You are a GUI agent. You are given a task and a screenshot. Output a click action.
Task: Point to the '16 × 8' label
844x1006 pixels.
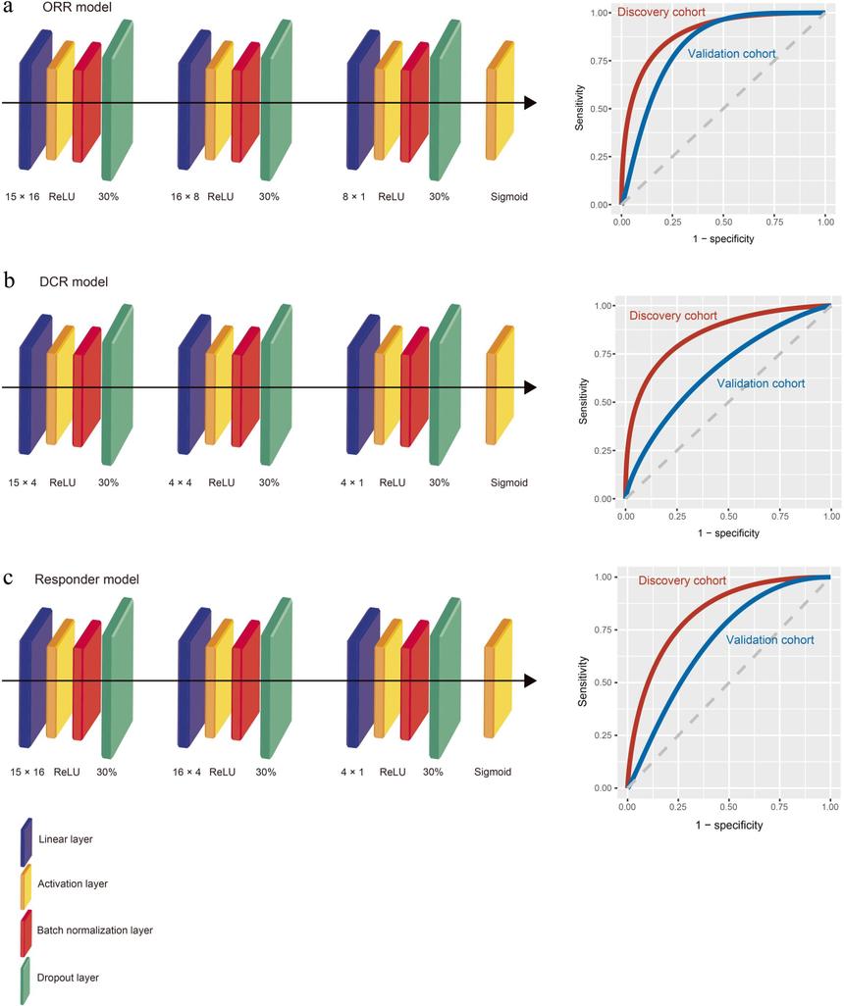point(185,196)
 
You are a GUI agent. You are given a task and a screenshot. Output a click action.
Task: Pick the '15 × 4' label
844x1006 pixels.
point(22,482)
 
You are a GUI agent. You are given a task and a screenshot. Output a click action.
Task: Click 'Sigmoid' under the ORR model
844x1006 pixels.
point(508,196)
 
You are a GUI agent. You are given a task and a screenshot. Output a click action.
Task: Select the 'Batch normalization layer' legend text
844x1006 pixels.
point(95,930)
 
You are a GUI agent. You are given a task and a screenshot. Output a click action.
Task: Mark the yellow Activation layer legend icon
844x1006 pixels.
point(26,883)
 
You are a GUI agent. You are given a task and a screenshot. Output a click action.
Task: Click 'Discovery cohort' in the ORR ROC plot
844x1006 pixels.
point(661,13)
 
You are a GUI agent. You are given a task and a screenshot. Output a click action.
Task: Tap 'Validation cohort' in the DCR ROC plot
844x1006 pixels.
point(761,383)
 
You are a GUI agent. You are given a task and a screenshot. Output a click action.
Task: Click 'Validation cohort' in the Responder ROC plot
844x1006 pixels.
point(769,639)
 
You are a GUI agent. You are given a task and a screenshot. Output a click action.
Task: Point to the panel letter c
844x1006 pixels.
point(9,577)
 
